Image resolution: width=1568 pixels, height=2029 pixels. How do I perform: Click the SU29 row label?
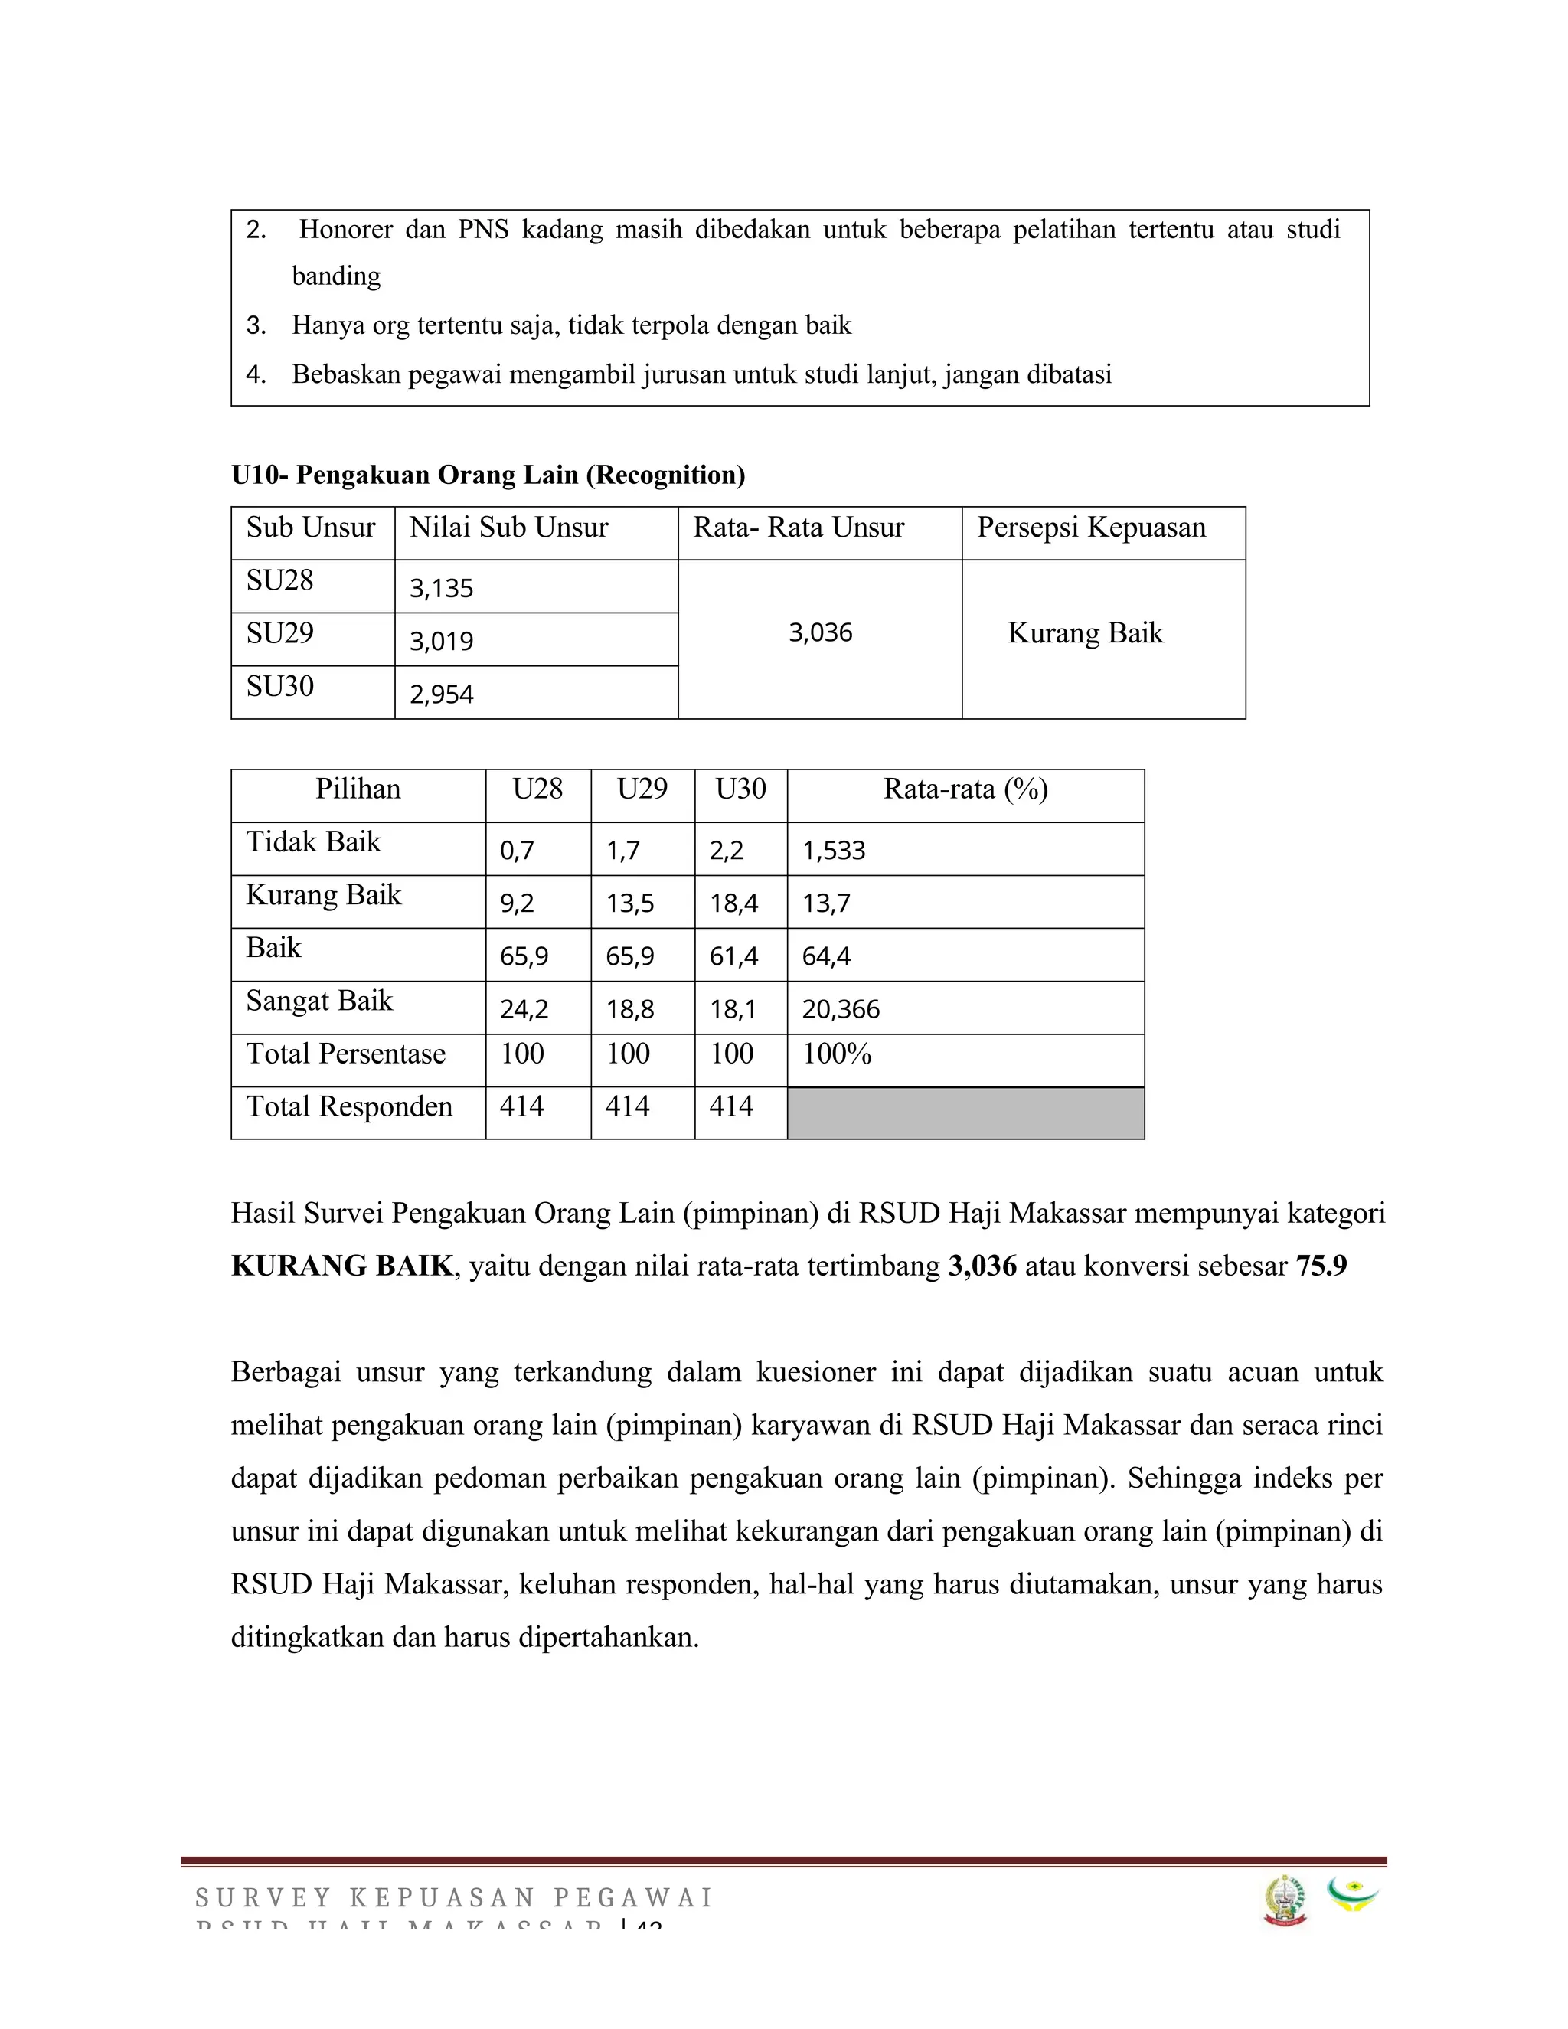pyautogui.click(x=279, y=634)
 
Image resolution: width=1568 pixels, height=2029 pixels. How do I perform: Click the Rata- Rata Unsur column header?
pyautogui.click(x=798, y=528)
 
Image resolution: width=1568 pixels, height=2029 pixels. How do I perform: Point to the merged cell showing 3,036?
pyautogui.click(x=820, y=632)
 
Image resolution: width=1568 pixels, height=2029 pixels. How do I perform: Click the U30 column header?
pyautogui.click(x=740, y=789)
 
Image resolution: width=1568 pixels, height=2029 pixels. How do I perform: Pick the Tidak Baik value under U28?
pyautogui.click(x=518, y=850)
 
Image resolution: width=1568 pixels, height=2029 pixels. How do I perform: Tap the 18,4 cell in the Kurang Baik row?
pyautogui.click(x=733, y=903)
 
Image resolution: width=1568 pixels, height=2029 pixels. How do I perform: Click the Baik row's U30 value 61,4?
pyautogui.click(x=733, y=956)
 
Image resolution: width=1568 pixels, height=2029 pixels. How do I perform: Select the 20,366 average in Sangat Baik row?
pyautogui.click(x=841, y=1009)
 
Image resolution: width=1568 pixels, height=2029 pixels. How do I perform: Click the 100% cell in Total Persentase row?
pyautogui.click(x=837, y=1054)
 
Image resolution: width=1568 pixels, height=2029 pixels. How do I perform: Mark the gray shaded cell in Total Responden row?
pyautogui.click(x=965, y=1113)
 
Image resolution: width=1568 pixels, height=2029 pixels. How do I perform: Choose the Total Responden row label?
pyautogui.click(x=349, y=1106)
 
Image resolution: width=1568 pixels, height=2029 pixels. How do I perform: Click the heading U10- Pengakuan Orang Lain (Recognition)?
pyautogui.click(x=488, y=475)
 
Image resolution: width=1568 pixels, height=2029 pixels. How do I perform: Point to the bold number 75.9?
pyautogui.click(x=1321, y=1266)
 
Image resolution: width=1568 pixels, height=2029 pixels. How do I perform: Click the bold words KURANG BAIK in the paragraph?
pyautogui.click(x=341, y=1266)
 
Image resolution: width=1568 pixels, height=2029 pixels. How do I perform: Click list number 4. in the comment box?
pyautogui.click(x=256, y=374)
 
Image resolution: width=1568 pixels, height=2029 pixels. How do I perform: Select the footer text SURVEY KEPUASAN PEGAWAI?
pyautogui.click(x=453, y=1897)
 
